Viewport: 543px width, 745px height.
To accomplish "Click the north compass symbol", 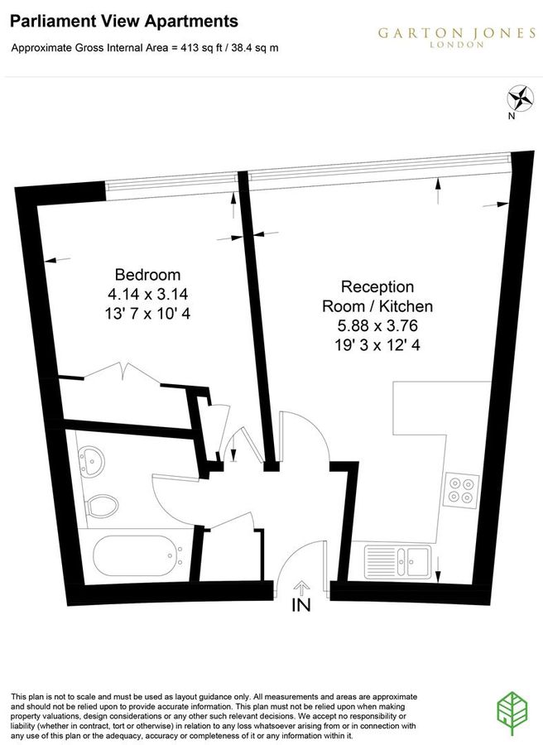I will click(x=520, y=99).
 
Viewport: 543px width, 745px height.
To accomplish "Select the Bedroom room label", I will click(x=147, y=275).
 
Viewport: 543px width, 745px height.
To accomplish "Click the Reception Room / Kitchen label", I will click(x=377, y=296).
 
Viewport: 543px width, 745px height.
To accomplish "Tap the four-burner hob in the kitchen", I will click(x=460, y=488).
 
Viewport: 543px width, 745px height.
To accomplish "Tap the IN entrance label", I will click(x=301, y=606).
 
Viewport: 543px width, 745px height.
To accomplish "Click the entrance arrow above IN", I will click(x=301, y=588).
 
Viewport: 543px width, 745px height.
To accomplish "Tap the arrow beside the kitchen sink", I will click(x=438, y=568).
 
